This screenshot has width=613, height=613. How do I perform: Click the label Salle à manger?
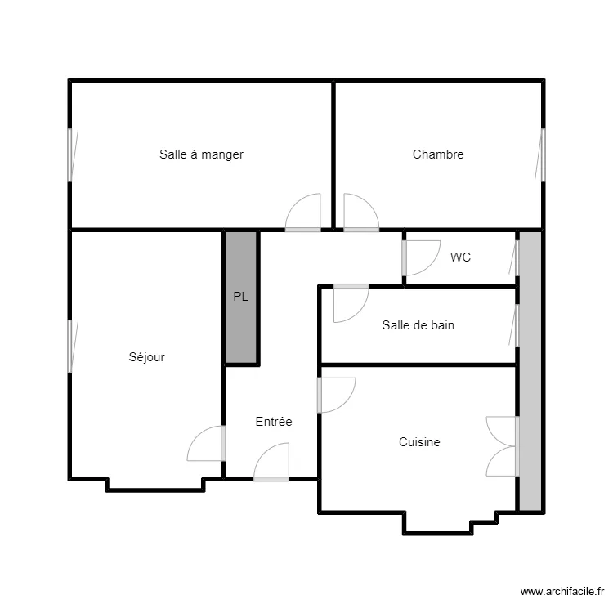click(201, 154)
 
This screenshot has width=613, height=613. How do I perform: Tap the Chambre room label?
click(438, 154)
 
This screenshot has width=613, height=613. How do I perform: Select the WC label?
click(460, 257)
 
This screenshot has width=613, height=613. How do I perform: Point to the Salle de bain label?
click(418, 325)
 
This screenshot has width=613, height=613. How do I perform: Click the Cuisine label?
click(419, 441)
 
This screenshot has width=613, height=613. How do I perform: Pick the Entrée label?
click(274, 422)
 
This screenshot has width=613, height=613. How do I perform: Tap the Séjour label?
click(146, 357)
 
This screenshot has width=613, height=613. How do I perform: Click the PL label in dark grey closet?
click(240, 297)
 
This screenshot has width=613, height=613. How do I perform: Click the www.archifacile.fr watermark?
click(562, 592)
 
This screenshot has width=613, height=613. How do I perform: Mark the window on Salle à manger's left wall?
click(73, 155)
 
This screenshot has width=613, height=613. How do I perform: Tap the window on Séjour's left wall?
click(73, 347)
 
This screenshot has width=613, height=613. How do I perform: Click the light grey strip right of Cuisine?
click(530, 371)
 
